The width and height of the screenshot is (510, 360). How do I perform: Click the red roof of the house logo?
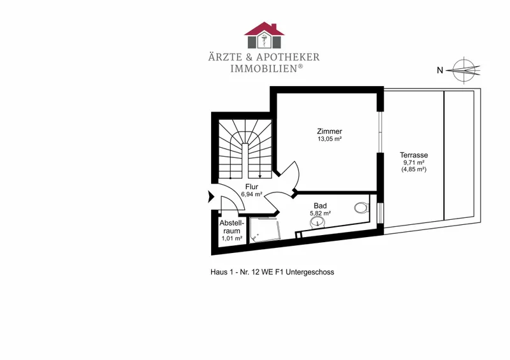264,29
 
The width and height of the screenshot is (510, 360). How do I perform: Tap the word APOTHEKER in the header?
288,57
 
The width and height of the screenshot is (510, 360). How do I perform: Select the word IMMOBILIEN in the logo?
263,69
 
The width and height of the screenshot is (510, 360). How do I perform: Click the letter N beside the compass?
440,70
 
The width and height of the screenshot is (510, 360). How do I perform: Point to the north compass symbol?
464,70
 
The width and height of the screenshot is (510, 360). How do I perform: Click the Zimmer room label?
330,131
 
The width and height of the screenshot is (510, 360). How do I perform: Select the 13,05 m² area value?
330,139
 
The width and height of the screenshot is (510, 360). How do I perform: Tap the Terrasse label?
414,155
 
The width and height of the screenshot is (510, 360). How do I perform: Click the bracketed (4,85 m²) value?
414,169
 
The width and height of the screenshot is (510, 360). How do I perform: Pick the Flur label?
252,187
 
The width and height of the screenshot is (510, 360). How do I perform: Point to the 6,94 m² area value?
252,194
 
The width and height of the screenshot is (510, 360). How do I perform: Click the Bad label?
321,206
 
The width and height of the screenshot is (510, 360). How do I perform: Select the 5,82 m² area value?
321,213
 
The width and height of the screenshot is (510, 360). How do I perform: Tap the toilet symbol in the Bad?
361,208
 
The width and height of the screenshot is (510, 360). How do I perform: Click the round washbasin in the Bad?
317,222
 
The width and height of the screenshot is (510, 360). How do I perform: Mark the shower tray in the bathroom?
264,230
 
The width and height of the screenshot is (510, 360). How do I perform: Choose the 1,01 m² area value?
232,238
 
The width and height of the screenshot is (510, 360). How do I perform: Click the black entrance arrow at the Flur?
211,196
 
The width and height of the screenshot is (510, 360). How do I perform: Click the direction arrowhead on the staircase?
260,176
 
